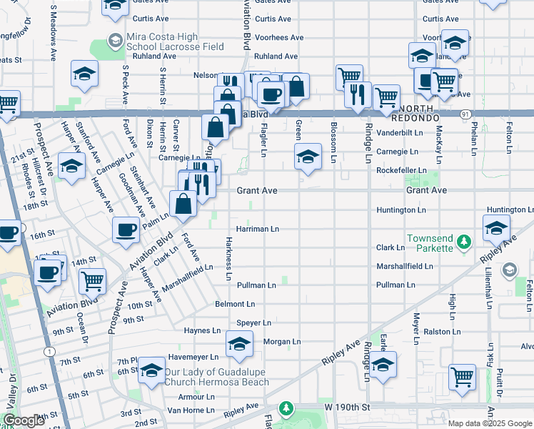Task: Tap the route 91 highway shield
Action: [465, 114]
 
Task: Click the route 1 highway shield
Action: [48, 352]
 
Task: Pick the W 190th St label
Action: [348, 407]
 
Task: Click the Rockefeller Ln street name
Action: [401, 170]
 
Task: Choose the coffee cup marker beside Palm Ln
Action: [126, 231]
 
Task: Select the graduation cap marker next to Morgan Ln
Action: [239, 344]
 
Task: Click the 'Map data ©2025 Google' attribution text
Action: [490, 423]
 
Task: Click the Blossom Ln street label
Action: [333, 141]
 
